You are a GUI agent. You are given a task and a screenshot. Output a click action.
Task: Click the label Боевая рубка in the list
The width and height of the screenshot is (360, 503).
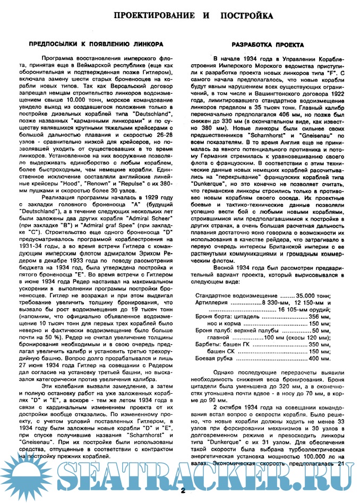tap(215, 359)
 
